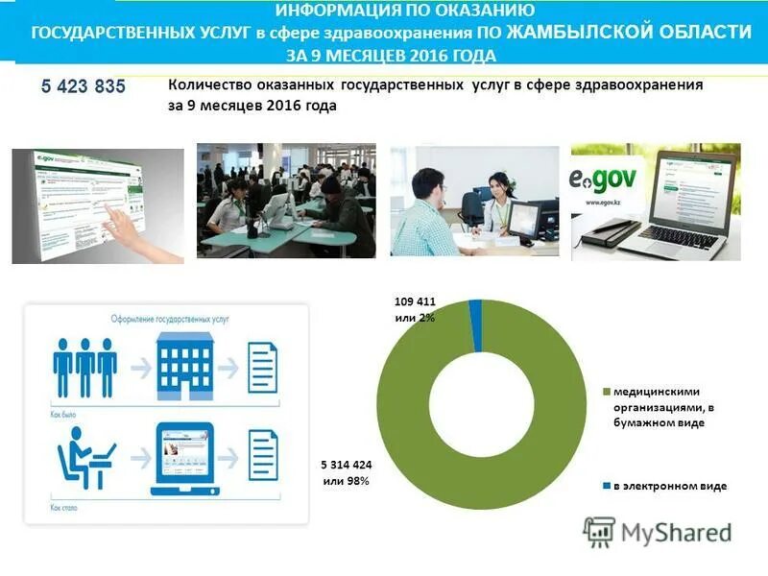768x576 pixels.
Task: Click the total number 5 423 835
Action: click(84, 87)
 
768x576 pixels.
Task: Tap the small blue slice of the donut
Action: click(475, 306)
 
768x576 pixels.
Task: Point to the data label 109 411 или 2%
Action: click(415, 309)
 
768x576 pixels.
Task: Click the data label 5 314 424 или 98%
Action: click(346, 473)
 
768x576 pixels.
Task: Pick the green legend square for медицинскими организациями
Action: click(607, 392)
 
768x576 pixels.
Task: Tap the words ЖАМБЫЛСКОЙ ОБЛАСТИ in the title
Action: click(629, 33)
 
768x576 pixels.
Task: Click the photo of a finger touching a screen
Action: click(97, 204)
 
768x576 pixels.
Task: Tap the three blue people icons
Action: click(85, 365)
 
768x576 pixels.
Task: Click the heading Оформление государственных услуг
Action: click(164, 317)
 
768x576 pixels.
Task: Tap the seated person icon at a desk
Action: click(85, 458)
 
